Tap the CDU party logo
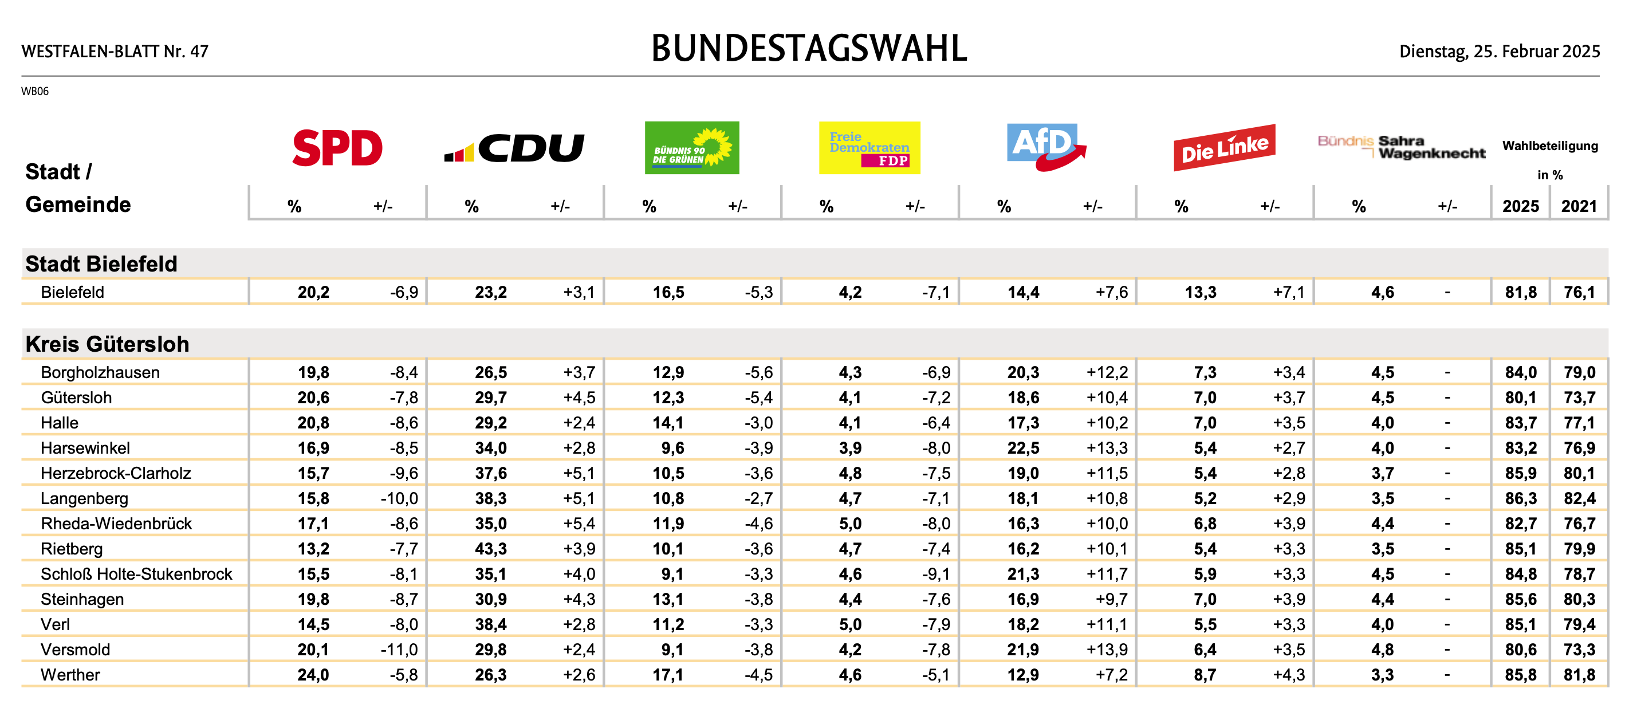pyautogui.click(x=514, y=148)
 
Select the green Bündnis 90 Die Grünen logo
pyautogui.click(x=692, y=148)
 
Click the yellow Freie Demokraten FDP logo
pyautogui.click(x=869, y=148)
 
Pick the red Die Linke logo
pyautogui.click(x=1224, y=148)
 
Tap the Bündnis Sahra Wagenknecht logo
pyautogui.click(x=1402, y=147)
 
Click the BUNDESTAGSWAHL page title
pyautogui.click(x=809, y=49)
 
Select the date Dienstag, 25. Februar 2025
pyautogui.click(x=1500, y=51)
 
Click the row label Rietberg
pyautogui.click(x=72, y=549)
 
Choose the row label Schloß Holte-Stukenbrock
pyautogui.click(x=136, y=574)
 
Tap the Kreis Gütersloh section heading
pyautogui.click(x=108, y=344)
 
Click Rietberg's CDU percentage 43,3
pyautogui.click(x=491, y=549)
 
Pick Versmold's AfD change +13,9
pyautogui.click(x=1107, y=650)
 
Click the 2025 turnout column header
pyautogui.click(x=1521, y=206)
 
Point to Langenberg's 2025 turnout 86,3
pyautogui.click(x=1521, y=498)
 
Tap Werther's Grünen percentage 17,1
pyautogui.click(x=668, y=675)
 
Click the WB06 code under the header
pyautogui.click(x=35, y=91)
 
